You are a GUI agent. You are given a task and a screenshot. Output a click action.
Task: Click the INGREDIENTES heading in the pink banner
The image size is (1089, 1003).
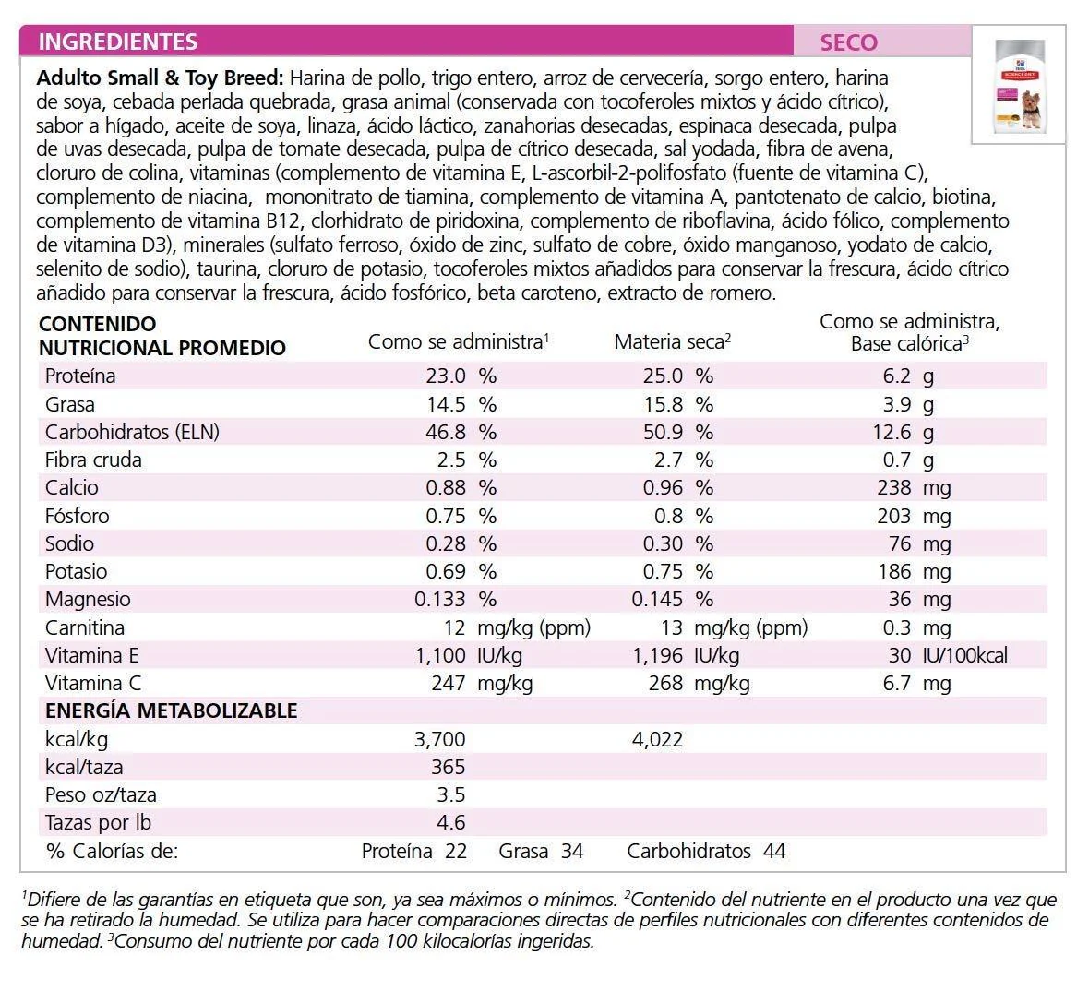pyautogui.click(x=118, y=42)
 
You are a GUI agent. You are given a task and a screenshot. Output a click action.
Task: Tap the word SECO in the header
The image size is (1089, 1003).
pyautogui.click(x=848, y=42)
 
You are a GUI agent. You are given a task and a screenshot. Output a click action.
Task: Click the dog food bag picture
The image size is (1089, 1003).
pyautogui.click(x=1018, y=85)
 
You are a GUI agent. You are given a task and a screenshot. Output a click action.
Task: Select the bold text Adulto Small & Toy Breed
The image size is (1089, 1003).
pyautogui.click(x=161, y=78)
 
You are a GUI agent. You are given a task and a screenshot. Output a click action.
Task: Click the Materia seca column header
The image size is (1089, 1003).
pyautogui.click(x=672, y=342)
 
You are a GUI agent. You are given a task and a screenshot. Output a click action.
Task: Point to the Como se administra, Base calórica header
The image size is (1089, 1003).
pyautogui.click(x=909, y=332)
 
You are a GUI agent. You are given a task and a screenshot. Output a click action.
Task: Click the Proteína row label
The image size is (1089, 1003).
pyautogui.click(x=80, y=376)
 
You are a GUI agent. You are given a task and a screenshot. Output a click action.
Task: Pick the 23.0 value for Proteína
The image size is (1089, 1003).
pyautogui.click(x=446, y=376)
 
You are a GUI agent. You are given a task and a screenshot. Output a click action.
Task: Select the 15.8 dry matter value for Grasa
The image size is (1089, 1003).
pyautogui.click(x=663, y=404)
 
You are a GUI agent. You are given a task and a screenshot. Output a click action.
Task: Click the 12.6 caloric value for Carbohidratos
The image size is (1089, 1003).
pyautogui.click(x=892, y=432)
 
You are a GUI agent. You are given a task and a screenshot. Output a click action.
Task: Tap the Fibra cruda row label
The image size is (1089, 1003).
pyautogui.click(x=93, y=460)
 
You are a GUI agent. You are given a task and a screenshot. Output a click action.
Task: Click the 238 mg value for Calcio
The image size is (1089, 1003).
pyautogui.click(x=893, y=488)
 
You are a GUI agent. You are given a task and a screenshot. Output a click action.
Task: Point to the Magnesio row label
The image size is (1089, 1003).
pyautogui.click(x=88, y=600)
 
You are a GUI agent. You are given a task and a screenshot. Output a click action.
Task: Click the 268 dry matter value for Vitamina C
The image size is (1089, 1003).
pyautogui.click(x=664, y=684)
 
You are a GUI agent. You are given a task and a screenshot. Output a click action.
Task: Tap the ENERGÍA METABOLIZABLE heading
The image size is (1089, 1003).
pyautogui.click(x=171, y=710)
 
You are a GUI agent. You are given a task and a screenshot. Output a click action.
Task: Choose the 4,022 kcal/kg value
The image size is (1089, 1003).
pyautogui.click(x=657, y=739)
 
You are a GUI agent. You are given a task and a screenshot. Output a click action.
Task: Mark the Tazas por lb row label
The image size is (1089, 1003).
pyautogui.click(x=98, y=823)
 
